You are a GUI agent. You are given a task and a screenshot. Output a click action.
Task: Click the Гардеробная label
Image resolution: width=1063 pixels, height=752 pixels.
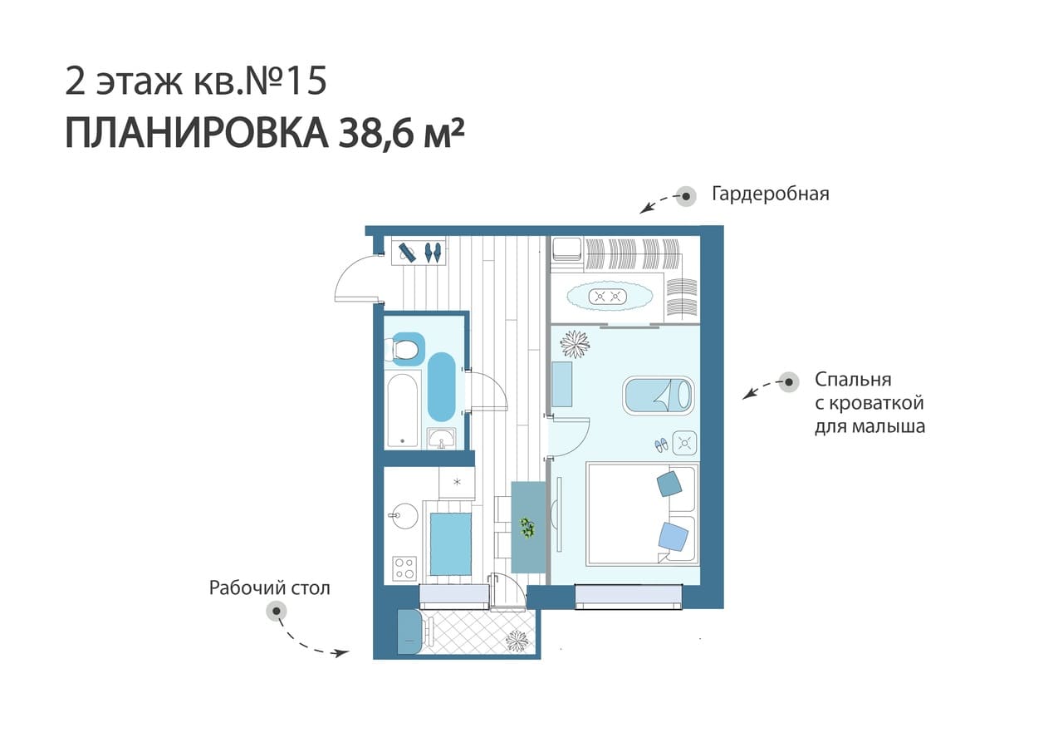pyautogui.click(x=770, y=194)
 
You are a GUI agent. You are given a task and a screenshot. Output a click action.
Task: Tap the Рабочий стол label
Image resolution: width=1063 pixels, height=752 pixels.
pyautogui.click(x=270, y=588)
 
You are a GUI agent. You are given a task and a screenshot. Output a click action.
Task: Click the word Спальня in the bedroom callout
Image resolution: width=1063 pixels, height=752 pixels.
pyautogui.click(x=853, y=380)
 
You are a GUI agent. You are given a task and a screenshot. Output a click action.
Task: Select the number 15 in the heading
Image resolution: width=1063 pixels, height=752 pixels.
pyautogui.click(x=307, y=81)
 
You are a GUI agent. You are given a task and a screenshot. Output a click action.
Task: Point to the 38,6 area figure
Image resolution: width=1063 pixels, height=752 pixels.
pyautogui.click(x=375, y=134)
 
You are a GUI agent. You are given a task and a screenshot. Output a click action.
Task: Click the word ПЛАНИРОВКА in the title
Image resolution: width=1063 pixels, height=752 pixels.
pyautogui.click(x=197, y=134)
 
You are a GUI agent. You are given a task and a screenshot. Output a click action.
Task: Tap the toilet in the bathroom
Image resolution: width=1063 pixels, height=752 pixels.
pyautogui.click(x=404, y=349)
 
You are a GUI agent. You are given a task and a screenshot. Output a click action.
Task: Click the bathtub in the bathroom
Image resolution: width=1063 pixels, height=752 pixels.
pyautogui.click(x=403, y=410)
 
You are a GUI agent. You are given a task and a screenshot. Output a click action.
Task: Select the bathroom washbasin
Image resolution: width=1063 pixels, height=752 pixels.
pyautogui.click(x=441, y=437)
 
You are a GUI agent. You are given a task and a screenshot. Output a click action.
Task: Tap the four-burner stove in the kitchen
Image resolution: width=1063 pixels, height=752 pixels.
pyautogui.click(x=404, y=568)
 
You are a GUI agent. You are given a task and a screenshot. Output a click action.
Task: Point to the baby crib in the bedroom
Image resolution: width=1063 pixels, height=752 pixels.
pyautogui.click(x=658, y=396)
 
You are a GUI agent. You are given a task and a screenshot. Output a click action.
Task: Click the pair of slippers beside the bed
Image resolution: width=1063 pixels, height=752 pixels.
pyautogui.click(x=661, y=445)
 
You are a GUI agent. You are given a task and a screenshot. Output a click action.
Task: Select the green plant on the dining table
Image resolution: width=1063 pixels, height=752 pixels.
pyautogui.click(x=527, y=528)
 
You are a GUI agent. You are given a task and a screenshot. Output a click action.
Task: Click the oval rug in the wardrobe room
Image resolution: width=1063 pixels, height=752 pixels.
pyautogui.click(x=610, y=297)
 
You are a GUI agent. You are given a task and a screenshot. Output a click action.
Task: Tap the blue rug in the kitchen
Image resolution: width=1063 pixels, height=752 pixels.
pyautogui.click(x=450, y=544)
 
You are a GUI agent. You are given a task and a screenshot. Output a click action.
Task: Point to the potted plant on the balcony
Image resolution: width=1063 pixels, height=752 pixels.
pyautogui.click(x=517, y=641)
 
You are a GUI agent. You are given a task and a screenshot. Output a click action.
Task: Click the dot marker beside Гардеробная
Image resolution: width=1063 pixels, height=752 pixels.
pyautogui.click(x=686, y=196)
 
